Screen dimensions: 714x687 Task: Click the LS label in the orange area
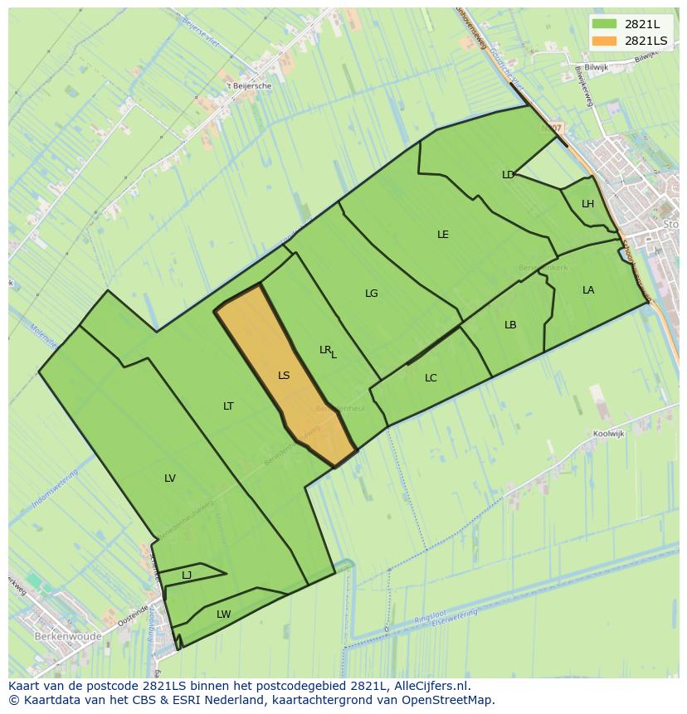pyautogui.click(x=284, y=376)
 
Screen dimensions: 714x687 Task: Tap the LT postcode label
pyautogui.click(x=228, y=406)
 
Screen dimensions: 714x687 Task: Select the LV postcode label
pyautogui.click(x=170, y=478)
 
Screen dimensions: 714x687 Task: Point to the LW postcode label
pyautogui.click(x=223, y=614)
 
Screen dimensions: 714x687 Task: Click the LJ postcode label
pyautogui.click(x=187, y=576)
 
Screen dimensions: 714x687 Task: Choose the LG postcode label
pyautogui.click(x=371, y=294)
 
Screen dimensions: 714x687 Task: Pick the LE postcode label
pyautogui.click(x=443, y=235)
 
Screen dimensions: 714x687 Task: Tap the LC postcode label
pyautogui.click(x=431, y=378)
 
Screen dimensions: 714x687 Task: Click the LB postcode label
pyautogui.click(x=510, y=325)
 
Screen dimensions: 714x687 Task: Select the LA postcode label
pyautogui.click(x=588, y=290)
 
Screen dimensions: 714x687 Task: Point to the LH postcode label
pyautogui.click(x=587, y=204)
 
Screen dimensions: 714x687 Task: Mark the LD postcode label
pyautogui.click(x=508, y=175)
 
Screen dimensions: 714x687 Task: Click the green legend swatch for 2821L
pyautogui.click(x=604, y=24)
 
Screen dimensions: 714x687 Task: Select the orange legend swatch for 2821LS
pyautogui.click(x=604, y=41)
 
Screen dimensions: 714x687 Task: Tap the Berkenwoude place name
pyautogui.click(x=68, y=637)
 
